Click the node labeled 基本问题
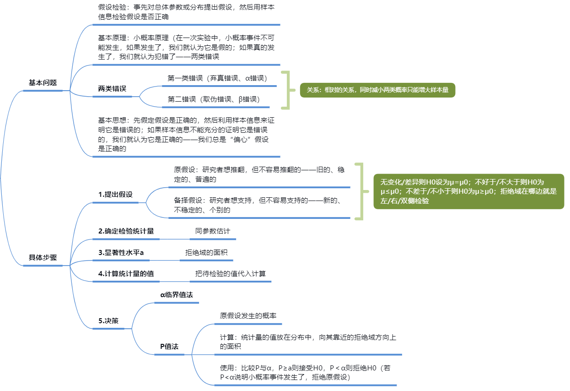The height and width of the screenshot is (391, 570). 43,83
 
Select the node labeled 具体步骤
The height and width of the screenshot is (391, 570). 43,257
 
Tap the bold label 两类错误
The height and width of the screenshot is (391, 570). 112,89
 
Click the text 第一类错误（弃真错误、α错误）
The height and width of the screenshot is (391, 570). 217,78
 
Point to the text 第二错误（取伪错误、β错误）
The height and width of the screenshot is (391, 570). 214,99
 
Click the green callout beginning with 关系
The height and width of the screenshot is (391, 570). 377,90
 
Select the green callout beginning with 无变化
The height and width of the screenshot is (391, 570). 469,191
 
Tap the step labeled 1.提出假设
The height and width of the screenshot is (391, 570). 116,195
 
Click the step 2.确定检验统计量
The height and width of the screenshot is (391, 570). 126,231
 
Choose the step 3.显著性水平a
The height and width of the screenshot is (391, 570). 121,253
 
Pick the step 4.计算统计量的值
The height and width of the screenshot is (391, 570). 126,274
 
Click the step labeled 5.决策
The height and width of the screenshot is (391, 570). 108,321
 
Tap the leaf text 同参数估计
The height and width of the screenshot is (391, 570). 213,231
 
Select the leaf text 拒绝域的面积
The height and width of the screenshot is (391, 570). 206,253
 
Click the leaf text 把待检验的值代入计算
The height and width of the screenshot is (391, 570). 231,274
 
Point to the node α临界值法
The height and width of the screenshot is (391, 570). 177,295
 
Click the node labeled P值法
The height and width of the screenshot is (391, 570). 169,347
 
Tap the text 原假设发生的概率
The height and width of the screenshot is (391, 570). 248,316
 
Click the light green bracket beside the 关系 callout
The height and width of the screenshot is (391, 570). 288,90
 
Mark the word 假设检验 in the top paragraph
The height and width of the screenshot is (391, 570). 112,7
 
